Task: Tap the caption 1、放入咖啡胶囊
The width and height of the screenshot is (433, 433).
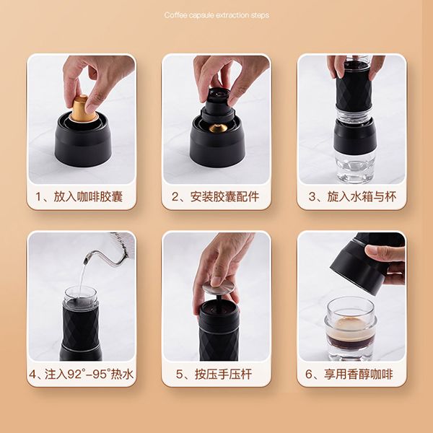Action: click(x=80, y=196)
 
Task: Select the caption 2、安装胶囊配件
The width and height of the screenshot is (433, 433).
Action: click(x=216, y=196)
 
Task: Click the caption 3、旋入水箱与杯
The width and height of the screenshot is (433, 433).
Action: click(x=351, y=196)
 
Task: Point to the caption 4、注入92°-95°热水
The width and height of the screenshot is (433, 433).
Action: click(x=80, y=375)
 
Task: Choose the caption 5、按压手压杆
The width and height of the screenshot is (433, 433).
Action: click(x=216, y=375)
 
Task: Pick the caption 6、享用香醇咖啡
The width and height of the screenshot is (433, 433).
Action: click(x=351, y=375)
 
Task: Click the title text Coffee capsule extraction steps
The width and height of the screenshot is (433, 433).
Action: click(x=216, y=15)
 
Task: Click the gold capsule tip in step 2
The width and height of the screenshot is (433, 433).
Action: click(x=217, y=128)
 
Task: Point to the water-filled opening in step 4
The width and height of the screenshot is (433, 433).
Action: click(x=80, y=295)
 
